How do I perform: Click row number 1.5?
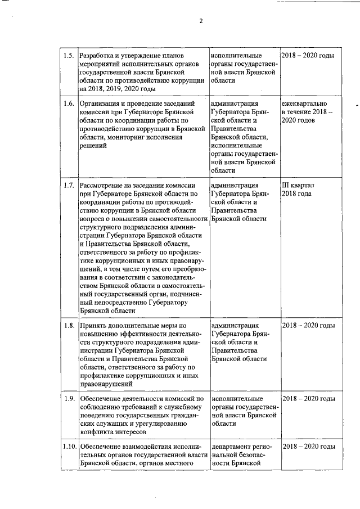[x=69, y=56]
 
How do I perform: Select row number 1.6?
[x=69, y=104]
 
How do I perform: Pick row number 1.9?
[x=69, y=399]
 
